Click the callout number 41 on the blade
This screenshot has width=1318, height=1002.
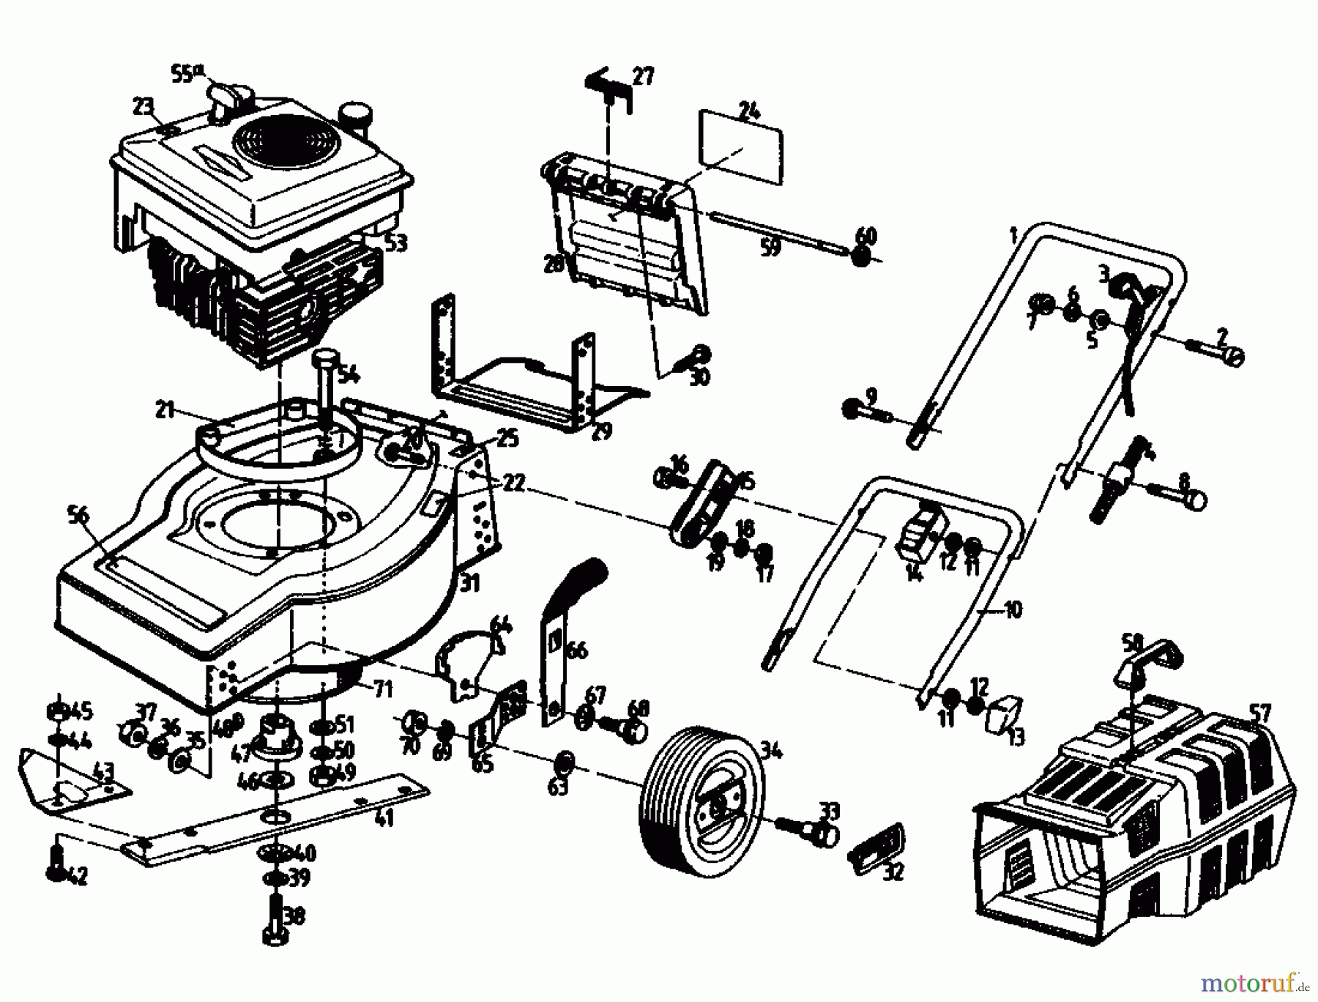[384, 817]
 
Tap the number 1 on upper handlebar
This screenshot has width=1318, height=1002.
[1013, 236]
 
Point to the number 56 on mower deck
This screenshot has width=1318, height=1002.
[78, 514]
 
